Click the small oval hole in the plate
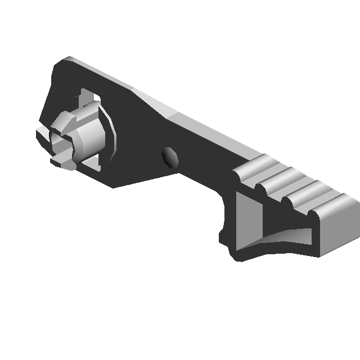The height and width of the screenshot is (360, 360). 169,157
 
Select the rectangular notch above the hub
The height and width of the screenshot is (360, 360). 88,97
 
